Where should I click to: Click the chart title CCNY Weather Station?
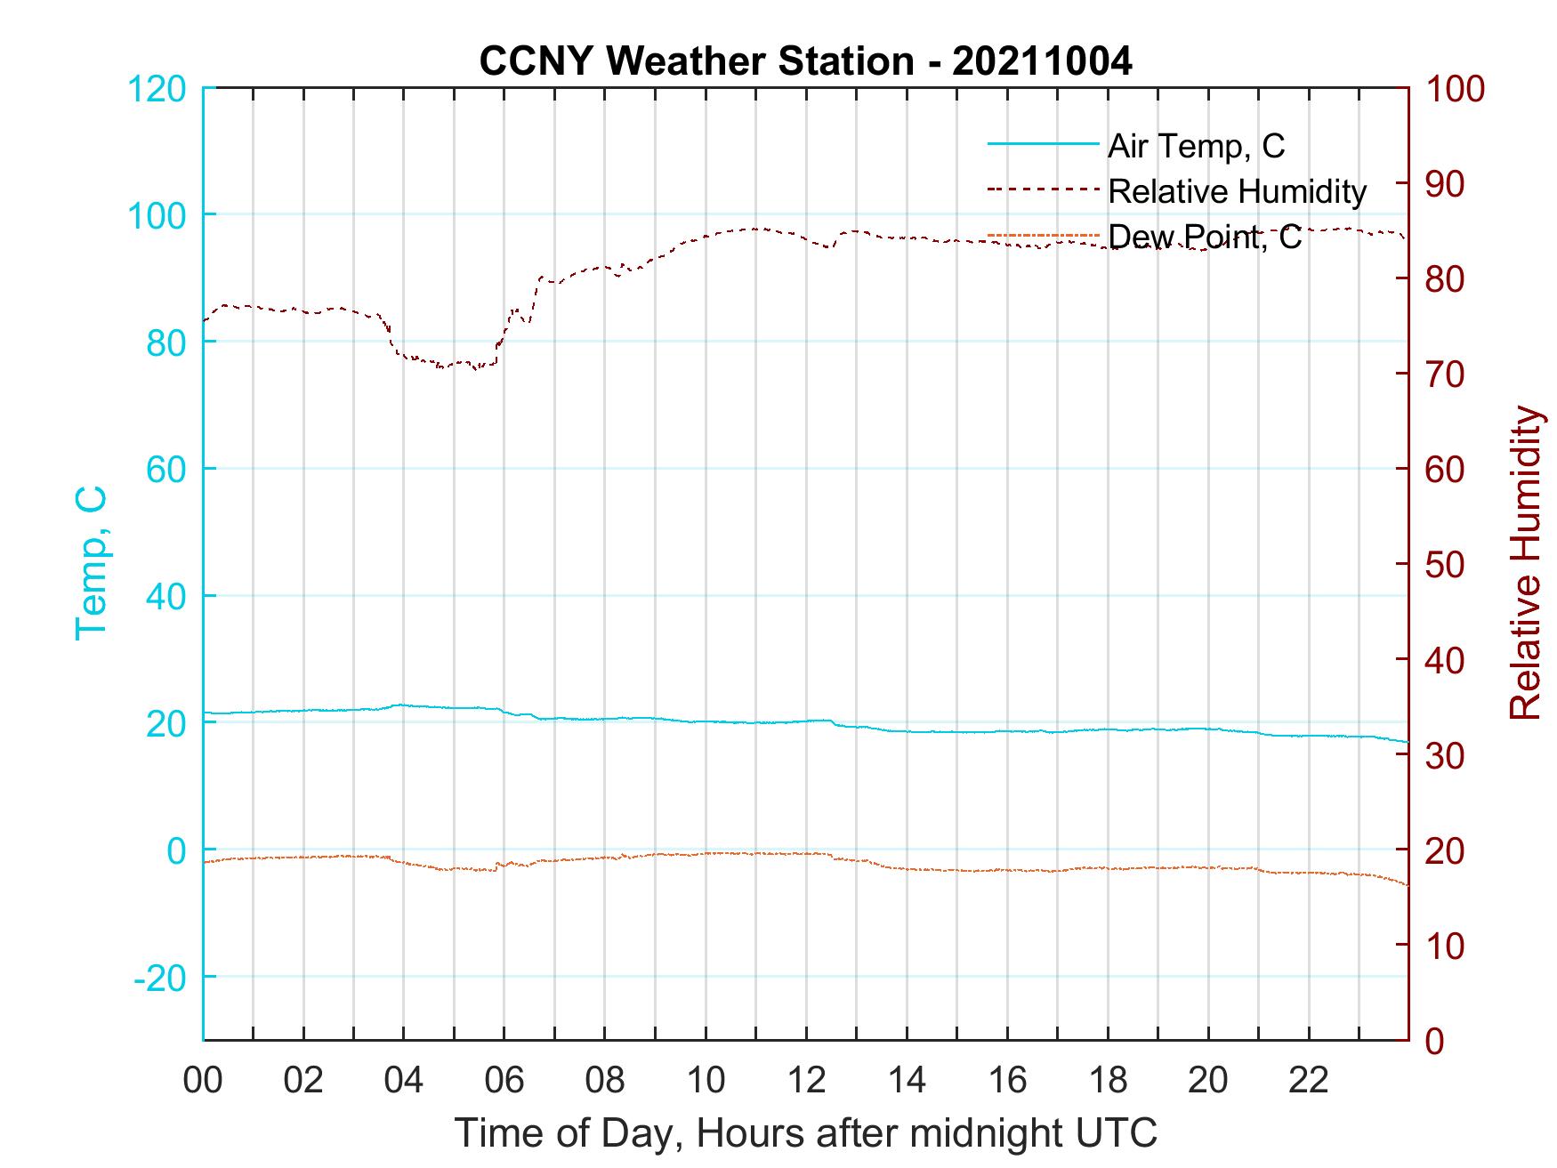click(805, 61)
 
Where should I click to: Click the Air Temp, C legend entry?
click(1195, 146)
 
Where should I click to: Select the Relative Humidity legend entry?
click(1237, 191)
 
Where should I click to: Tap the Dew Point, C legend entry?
click(1204, 237)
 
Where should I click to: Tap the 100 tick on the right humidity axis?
click(1455, 90)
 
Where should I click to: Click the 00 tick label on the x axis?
click(203, 1082)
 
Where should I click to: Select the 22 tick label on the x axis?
click(1309, 1082)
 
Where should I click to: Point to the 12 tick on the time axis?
click(806, 1082)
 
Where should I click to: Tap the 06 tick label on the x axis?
click(504, 1082)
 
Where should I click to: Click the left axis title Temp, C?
click(92, 563)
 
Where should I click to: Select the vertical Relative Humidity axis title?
click(1525, 563)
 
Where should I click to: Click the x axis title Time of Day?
click(805, 1133)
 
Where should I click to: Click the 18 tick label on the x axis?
click(1108, 1082)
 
